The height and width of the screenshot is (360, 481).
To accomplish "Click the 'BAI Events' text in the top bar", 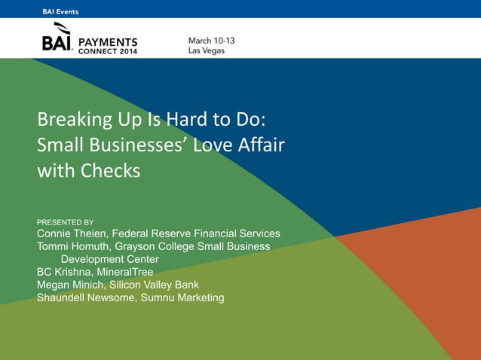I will click(60, 11).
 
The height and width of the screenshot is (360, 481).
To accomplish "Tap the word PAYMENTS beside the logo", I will click(109, 42).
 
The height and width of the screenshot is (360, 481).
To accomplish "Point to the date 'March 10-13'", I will click(211, 39).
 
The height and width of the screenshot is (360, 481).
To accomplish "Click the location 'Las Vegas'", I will click(207, 50).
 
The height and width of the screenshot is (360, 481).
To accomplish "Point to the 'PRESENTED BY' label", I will click(66, 222).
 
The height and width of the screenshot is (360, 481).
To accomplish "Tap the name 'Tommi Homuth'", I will click(72, 246).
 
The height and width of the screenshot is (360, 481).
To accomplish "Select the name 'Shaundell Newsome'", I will click(83, 297).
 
